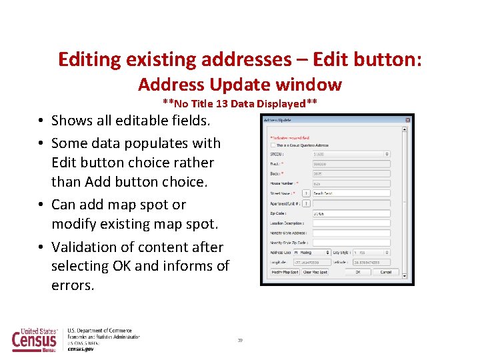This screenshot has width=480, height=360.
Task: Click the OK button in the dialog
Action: point(358,272)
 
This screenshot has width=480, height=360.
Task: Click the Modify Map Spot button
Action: point(285,272)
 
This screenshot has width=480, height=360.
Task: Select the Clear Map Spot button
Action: point(315,272)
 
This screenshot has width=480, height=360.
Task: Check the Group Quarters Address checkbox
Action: point(272,145)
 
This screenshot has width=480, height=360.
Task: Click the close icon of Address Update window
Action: point(407,121)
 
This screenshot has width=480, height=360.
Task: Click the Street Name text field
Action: point(351,193)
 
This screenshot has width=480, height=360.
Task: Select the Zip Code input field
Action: point(351,213)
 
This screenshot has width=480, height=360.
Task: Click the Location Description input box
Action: point(351,223)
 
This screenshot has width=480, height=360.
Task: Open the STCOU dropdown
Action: point(351,154)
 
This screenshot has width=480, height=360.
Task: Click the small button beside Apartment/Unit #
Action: point(306,203)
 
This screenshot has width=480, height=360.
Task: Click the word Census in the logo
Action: point(35,341)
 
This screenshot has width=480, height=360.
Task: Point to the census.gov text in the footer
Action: point(81,349)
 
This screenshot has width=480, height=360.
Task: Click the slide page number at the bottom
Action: point(240,341)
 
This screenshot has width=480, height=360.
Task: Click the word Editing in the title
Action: point(89,59)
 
